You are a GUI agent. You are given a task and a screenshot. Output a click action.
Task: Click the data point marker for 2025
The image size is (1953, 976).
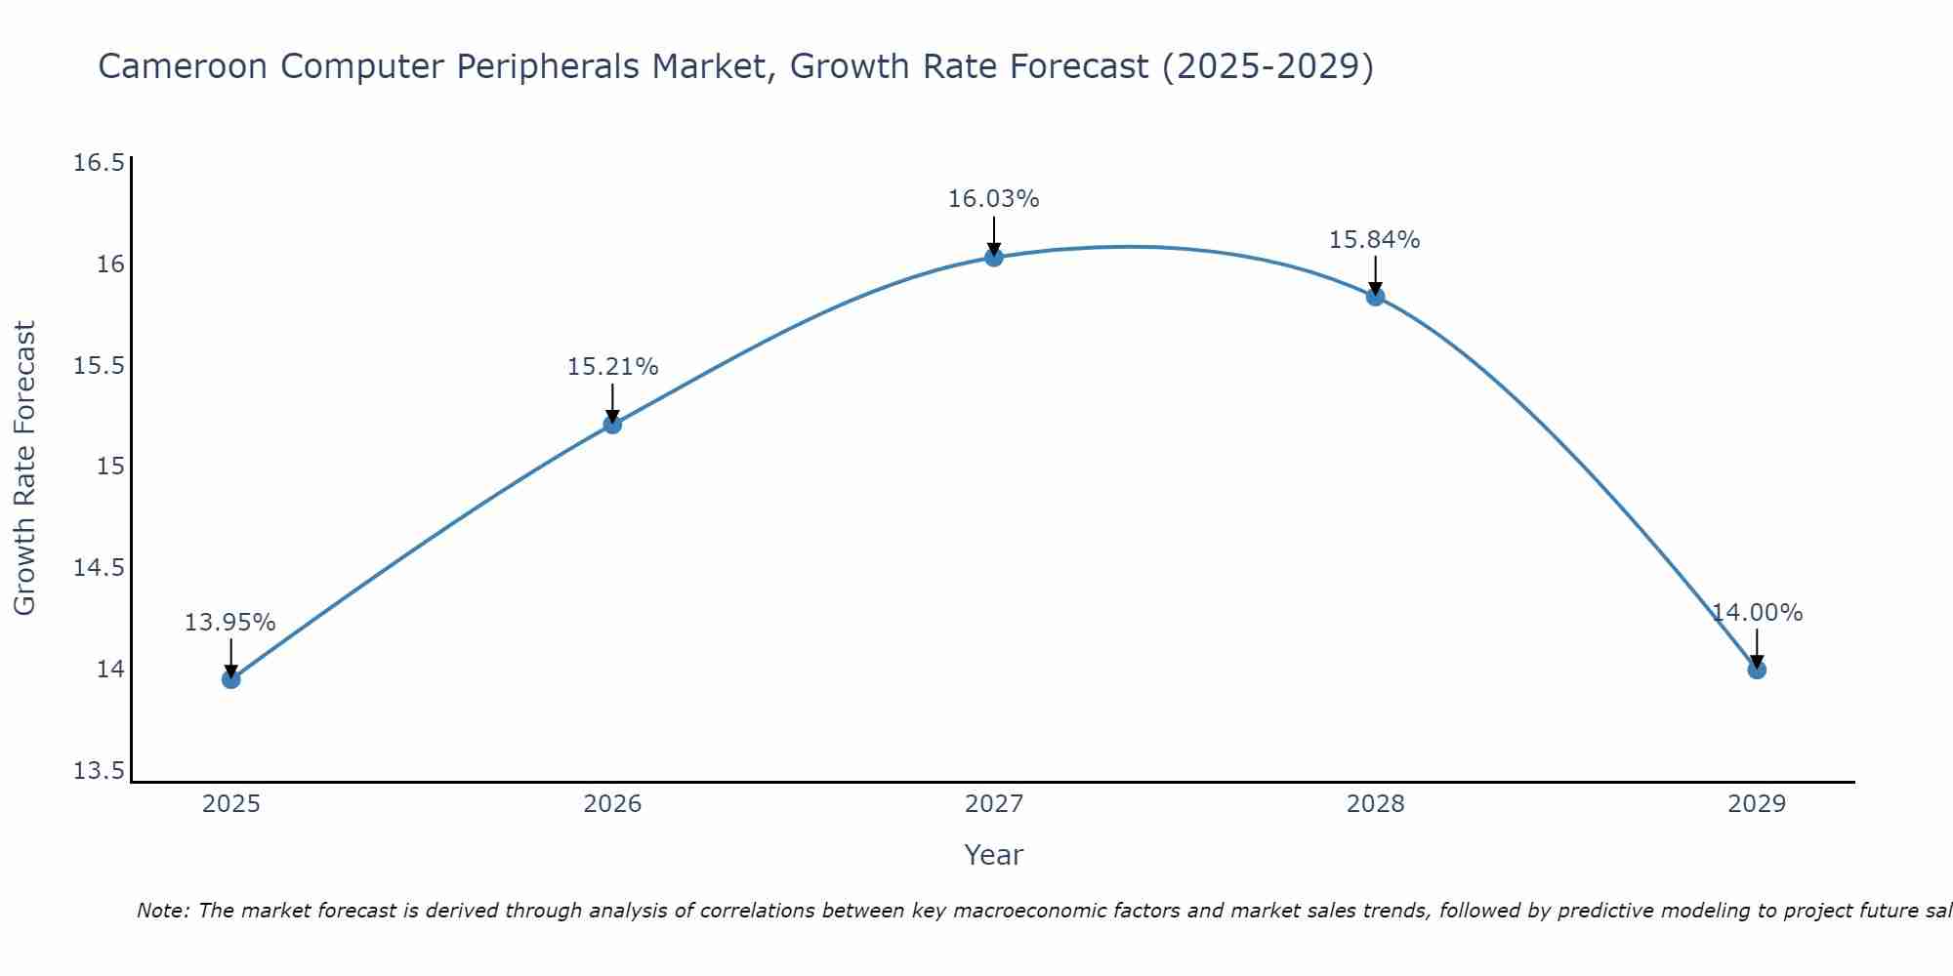(x=231, y=679)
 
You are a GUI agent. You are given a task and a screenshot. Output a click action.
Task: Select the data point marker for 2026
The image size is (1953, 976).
(x=612, y=425)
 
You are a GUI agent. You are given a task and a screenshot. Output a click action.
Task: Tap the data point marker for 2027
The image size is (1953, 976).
(x=994, y=258)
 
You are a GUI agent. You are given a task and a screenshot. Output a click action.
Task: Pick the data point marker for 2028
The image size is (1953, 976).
(x=1375, y=297)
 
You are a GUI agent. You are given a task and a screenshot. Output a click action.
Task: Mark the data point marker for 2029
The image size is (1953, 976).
(x=1757, y=670)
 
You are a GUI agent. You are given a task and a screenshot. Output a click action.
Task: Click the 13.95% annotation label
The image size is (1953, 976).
(x=230, y=623)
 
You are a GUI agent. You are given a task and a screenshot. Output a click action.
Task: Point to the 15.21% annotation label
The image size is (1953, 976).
(x=612, y=367)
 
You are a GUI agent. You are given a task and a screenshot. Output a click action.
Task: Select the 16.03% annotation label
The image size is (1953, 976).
(x=994, y=199)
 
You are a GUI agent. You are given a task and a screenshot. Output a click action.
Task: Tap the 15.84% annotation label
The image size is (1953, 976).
(x=1375, y=240)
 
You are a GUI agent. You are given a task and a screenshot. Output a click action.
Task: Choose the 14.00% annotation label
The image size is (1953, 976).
(x=1757, y=613)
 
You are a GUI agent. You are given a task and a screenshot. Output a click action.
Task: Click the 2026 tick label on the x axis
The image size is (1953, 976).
(x=612, y=804)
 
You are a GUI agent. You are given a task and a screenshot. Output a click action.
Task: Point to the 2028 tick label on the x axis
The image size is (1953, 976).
(x=1375, y=804)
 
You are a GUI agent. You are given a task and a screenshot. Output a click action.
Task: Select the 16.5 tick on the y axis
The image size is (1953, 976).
(x=99, y=163)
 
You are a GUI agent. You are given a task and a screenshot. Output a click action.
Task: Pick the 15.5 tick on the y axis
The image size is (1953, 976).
(x=99, y=366)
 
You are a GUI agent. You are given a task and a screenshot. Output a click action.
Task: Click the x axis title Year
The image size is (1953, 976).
(x=994, y=855)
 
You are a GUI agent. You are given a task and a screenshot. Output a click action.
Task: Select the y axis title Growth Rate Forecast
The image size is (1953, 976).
(x=24, y=468)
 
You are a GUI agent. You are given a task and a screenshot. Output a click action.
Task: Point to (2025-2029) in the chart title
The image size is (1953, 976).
(x=1267, y=67)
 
